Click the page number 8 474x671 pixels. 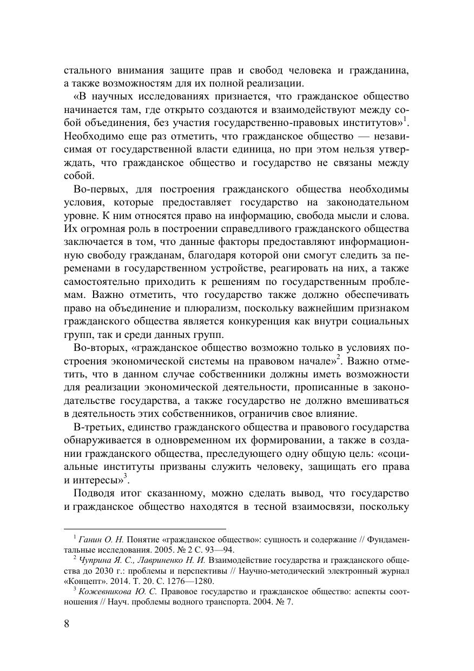pyautogui.click(x=67, y=623)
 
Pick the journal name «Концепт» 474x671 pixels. pyautogui.click(x=83, y=581)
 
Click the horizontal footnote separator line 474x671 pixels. pyautogui.click(x=144, y=529)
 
